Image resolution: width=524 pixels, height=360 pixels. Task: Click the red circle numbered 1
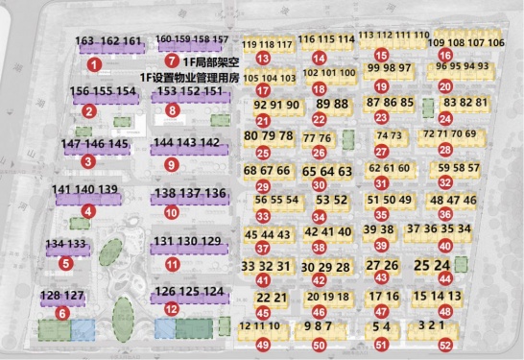tap(94, 64)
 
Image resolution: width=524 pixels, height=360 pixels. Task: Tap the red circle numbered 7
tap(171, 61)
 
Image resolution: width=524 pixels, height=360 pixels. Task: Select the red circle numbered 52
tap(443, 344)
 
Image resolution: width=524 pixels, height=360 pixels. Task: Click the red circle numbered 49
tap(262, 344)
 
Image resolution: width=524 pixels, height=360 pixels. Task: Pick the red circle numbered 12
tap(172, 309)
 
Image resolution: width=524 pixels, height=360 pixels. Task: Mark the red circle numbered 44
tap(444, 279)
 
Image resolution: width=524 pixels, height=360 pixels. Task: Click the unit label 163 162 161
tap(107, 42)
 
